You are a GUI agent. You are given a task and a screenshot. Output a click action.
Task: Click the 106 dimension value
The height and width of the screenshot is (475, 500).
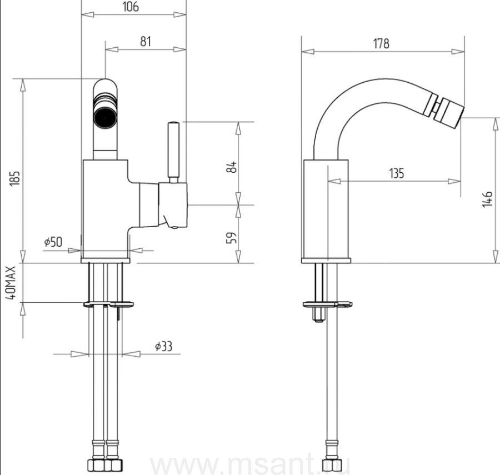point(131,6)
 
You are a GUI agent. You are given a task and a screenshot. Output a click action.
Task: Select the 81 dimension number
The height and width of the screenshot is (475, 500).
point(146,42)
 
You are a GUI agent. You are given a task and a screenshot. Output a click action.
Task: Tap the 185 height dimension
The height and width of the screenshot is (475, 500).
point(14,178)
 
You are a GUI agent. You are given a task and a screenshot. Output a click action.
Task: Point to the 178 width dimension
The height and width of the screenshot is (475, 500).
point(381,43)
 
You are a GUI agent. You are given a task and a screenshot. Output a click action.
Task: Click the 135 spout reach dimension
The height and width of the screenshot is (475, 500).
point(396,173)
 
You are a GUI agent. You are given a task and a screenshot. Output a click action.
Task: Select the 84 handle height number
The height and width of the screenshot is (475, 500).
point(232,167)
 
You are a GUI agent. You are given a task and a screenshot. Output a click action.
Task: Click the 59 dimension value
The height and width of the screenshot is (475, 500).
point(232,238)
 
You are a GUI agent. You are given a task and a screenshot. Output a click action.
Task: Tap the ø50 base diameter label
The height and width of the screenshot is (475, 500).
point(53,242)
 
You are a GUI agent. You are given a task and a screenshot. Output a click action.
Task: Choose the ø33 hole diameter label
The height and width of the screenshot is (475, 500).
point(163,346)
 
